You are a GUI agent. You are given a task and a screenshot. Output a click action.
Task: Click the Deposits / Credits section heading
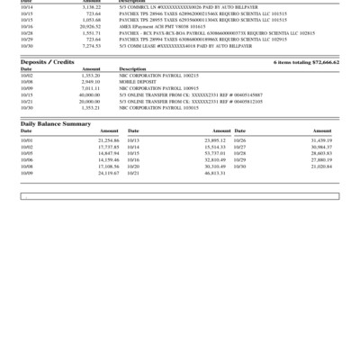coord(48,62)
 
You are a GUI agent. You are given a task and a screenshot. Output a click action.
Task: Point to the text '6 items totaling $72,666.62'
coord(306,62)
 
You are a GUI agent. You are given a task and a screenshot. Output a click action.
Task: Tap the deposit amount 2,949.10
coord(92,82)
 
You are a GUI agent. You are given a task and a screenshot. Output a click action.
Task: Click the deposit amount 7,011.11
coord(92,88)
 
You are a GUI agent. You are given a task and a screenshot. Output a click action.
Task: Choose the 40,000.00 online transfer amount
coord(90,94)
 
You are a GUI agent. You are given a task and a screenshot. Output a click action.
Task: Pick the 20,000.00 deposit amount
coord(90,101)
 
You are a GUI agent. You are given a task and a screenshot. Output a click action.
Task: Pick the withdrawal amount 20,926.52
coord(89,27)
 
